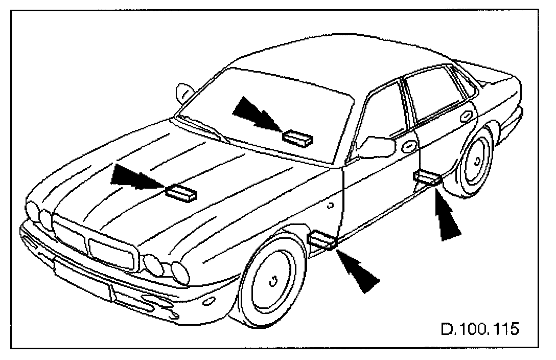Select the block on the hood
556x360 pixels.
click(x=181, y=192)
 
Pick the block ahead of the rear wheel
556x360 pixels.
click(x=427, y=177)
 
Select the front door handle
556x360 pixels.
click(x=409, y=147)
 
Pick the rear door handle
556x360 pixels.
click(x=466, y=117)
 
